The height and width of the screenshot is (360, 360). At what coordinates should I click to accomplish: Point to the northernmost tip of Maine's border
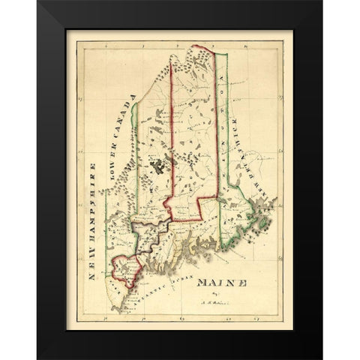pos(180,46)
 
